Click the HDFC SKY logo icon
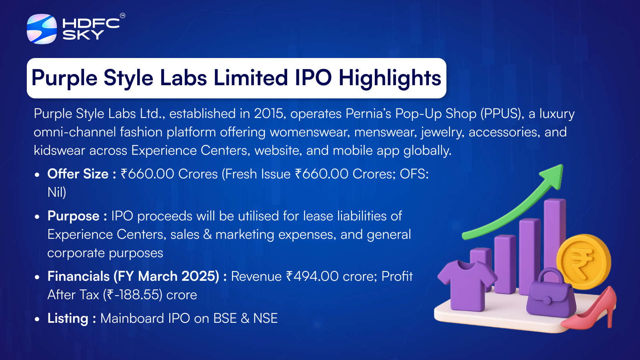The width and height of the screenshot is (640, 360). (42, 29)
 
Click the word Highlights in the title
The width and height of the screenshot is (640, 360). (390, 78)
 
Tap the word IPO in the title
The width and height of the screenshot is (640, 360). (313, 78)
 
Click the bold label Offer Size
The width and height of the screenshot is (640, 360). (78, 174)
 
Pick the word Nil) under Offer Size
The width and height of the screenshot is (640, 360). (56, 192)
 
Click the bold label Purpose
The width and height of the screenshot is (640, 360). (73, 216)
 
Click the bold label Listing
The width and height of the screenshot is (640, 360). (68, 318)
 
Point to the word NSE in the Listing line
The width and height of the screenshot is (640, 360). (266, 318)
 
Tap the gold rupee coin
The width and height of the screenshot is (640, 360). (584, 262)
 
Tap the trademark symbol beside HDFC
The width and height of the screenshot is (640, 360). (122, 16)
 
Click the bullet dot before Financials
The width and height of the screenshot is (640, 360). (36, 277)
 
